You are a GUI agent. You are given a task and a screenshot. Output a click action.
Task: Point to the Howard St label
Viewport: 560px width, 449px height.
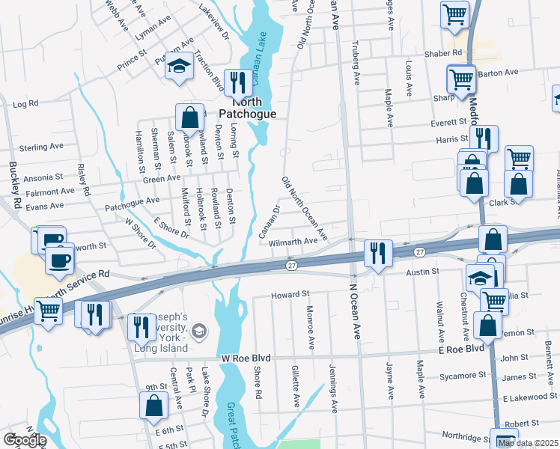click(x=290, y=296)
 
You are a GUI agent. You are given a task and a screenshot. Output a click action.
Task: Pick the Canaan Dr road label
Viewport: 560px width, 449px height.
click(x=267, y=217)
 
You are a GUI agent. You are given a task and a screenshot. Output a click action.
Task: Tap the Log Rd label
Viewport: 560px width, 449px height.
click(x=25, y=103)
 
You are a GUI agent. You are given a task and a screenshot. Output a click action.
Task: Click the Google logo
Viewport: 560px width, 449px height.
click(x=24, y=440)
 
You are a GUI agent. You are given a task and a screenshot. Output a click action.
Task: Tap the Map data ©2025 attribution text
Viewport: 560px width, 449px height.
click(x=527, y=443)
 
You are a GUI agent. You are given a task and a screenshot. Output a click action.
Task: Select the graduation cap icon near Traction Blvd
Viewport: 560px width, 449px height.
click(x=179, y=67)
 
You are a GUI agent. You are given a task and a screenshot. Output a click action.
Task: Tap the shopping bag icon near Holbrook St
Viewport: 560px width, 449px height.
click(x=190, y=117)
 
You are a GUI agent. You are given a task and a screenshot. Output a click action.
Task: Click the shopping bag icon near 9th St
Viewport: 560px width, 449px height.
click(x=153, y=405)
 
